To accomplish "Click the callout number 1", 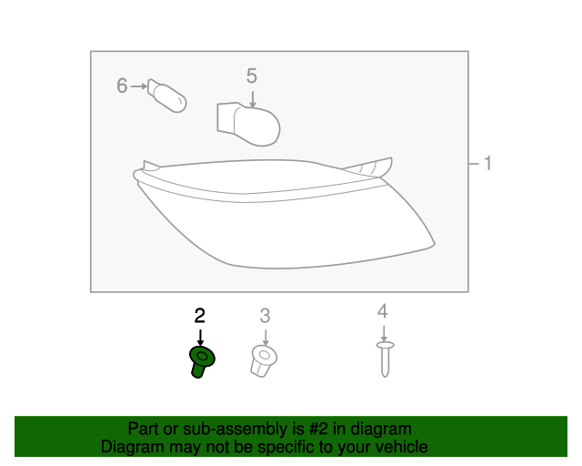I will [x=487, y=164].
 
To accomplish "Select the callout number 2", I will [x=200, y=316].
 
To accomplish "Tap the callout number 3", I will [x=265, y=316].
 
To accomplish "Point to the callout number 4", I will [x=383, y=311].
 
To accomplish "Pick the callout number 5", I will [x=252, y=76].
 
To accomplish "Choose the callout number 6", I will [x=122, y=86].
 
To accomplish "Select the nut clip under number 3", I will [x=264, y=360].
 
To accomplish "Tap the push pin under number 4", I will [x=384, y=359].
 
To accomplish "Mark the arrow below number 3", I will [x=265, y=335].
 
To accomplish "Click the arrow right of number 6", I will [x=138, y=86].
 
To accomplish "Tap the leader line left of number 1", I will [x=474, y=164].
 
